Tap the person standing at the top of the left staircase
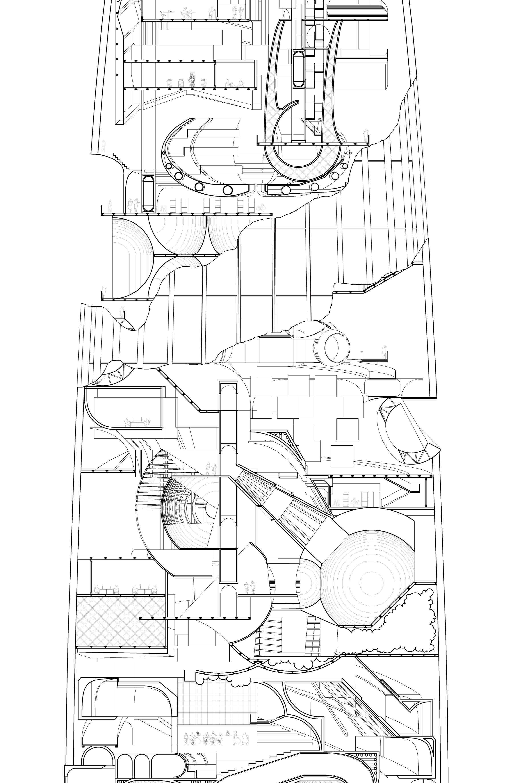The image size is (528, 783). [x=104, y=146]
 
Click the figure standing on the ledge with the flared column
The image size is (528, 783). [x=122, y=312]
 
